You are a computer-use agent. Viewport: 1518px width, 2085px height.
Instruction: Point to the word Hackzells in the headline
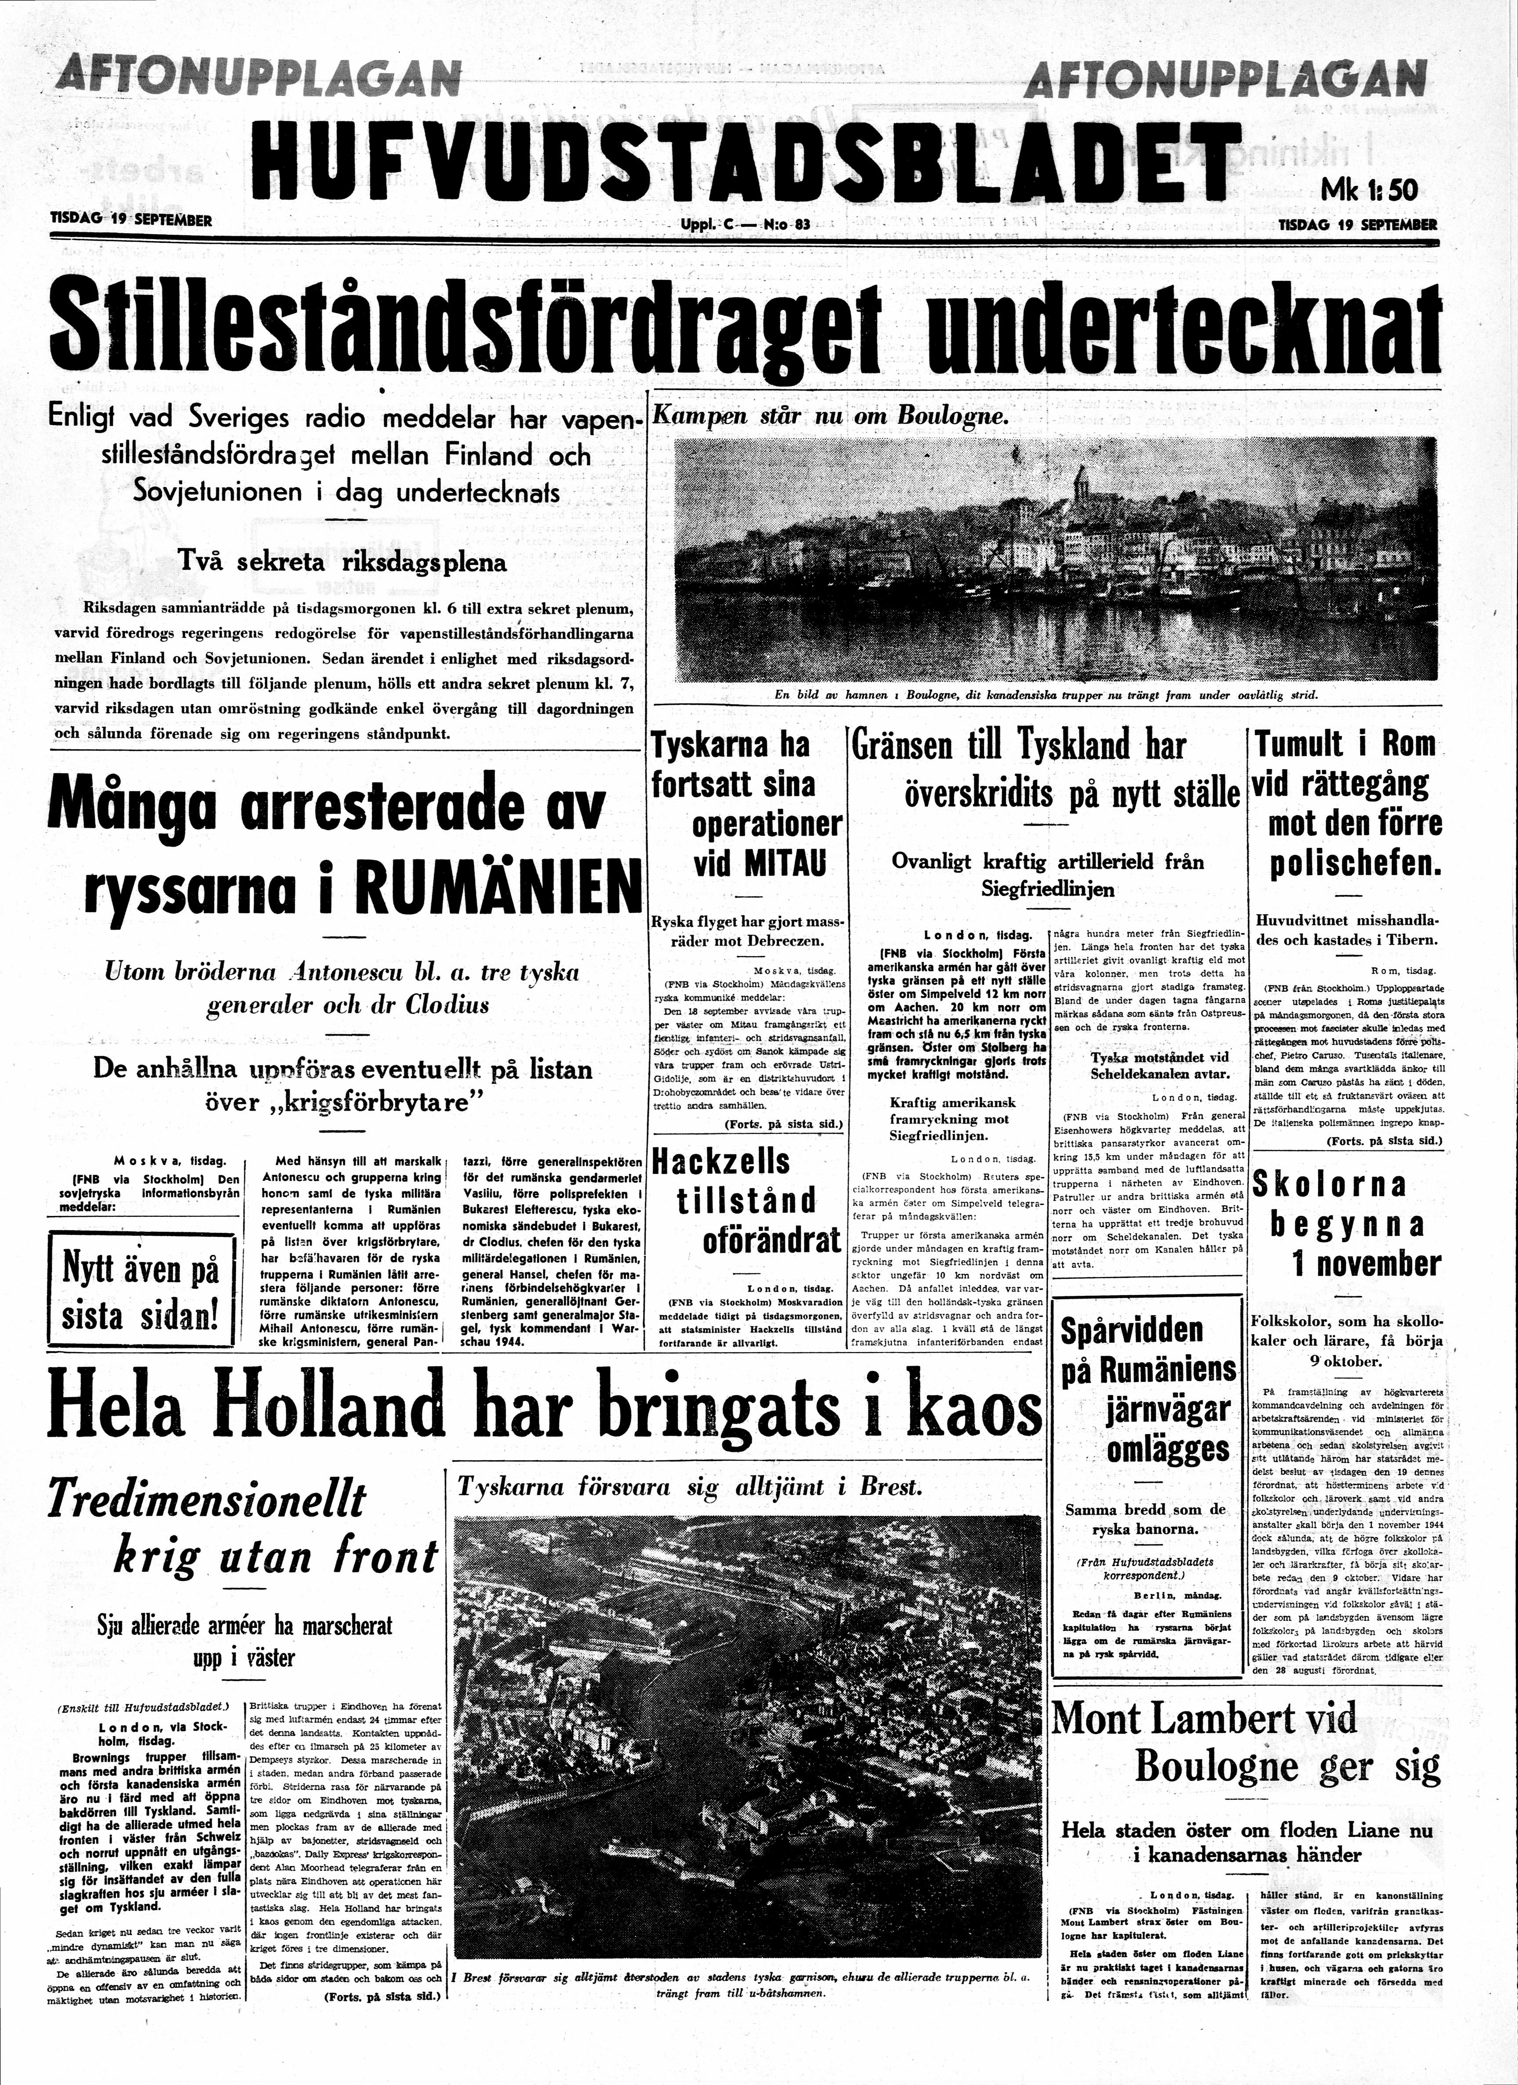[720, 1161]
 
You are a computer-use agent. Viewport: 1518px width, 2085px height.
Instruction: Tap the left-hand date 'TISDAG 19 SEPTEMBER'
[131, 220]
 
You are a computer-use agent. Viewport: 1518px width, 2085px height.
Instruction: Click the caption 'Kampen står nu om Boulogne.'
[830, 415]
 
